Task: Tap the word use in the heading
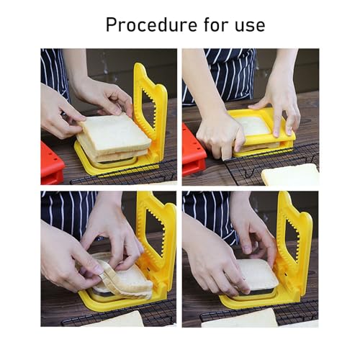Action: click(x=250, y=26)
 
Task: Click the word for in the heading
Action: click(x=217, y=24)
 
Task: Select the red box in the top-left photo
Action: click(x=52, y=163)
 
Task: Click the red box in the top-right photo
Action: click(x=193, y=150)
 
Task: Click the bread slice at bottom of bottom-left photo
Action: click(x=117, y=319)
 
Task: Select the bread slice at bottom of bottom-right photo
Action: click(x=240, y=318)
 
